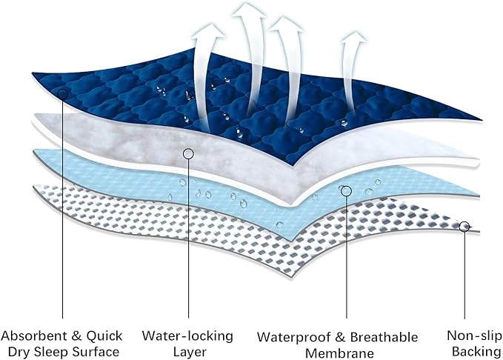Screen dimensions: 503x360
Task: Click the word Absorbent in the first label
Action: coord(34,336)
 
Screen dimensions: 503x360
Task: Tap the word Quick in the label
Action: coord(104,336)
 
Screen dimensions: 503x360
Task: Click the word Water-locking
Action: coord(187,336)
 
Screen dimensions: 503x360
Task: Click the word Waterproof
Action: coord(294,338)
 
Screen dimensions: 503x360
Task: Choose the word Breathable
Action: coord(384,337)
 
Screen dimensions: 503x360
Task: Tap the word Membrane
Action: coord(339,353)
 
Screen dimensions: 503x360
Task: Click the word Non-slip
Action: coord(474,336)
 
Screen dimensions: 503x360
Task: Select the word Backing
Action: coord(476,351)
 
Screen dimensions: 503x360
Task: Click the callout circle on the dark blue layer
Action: coord(62,94)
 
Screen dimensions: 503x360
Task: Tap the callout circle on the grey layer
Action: coord(188,154)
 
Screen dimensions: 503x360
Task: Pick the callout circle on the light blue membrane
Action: coord(346,191)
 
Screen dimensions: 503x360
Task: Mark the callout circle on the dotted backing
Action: coord(464,227)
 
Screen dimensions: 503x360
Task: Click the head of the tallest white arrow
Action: coord(248,10)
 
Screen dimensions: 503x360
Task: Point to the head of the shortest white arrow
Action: coord(353,36)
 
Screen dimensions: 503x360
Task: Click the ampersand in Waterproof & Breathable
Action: coord(340,338)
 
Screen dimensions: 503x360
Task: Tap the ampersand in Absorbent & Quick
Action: coord(77,336)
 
